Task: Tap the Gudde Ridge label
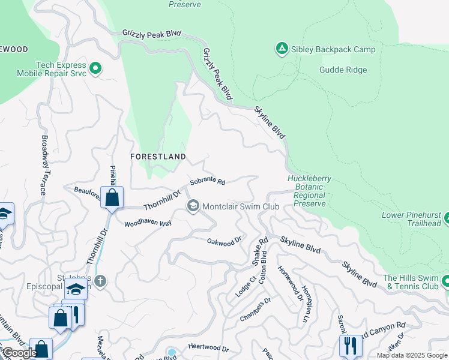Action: click(x=343, y=70)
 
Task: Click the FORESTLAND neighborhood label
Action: click(x=158, y=156)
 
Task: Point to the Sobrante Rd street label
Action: click(x=207, y=181)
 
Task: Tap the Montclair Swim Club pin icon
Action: click(x=193, y=206)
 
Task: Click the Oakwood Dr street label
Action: click(x=224, y=241)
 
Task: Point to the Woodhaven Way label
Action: click(x=148, y=223)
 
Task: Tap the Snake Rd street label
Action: click(x=259, y=251)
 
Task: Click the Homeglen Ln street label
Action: click(x=306, y=296)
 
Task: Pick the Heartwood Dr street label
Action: click(x=208, y=348)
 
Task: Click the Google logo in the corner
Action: click(x=19, y=353)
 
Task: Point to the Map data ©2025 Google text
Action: click(x=411, y=355)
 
